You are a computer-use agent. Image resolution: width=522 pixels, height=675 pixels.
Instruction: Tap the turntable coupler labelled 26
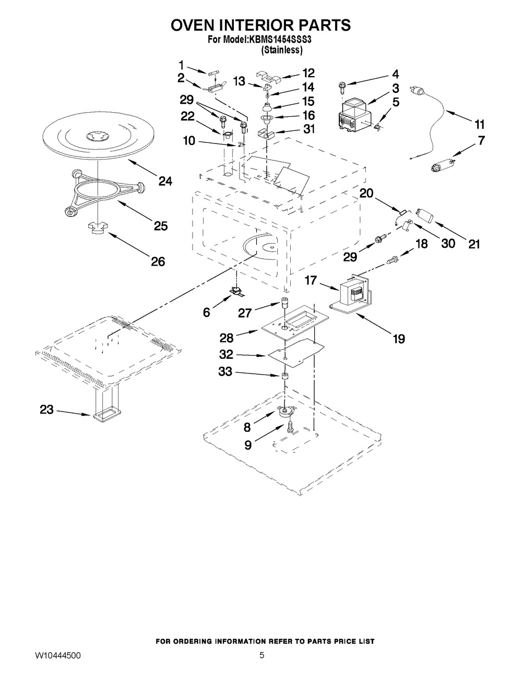pyautogui.click(x=97, y=228)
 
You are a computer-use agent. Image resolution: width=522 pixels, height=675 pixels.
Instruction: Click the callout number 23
pyautogui.click(x=46, y=410)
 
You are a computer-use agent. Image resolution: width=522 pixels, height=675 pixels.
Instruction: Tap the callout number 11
pyautogui.click(x=479, y=125)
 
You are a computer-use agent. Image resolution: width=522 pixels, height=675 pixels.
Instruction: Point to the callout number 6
pyautogui.click(x=207, y=312)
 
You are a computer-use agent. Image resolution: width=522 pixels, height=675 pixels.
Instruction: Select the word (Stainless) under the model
pyautogui.click(x=281, y=50)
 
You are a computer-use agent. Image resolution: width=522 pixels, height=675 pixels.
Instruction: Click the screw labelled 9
pyautogui.click(x=290, y=427)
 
